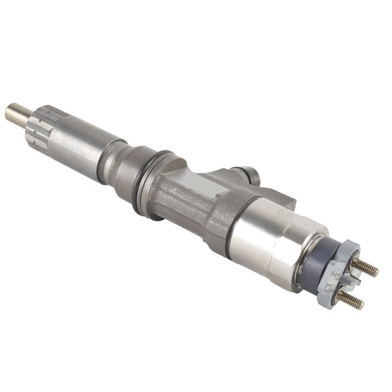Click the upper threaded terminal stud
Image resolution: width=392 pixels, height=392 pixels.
(363, 266)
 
